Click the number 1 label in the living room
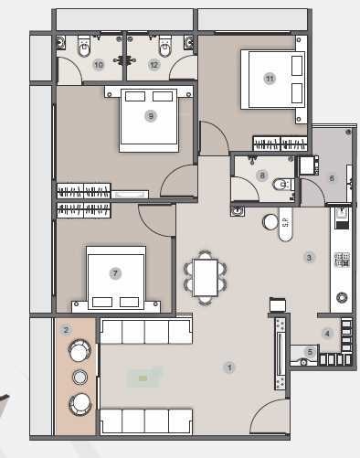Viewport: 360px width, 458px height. point(229,367)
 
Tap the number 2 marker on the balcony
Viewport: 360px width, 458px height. point(66,330)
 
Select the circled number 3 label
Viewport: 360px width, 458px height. point(310,258)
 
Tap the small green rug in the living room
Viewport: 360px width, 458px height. point(143,377)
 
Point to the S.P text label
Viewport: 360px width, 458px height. point(283,223)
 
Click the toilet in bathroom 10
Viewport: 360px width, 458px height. point(84,44)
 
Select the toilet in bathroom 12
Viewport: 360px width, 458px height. point(165,44)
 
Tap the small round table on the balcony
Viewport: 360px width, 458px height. point(79,376)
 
